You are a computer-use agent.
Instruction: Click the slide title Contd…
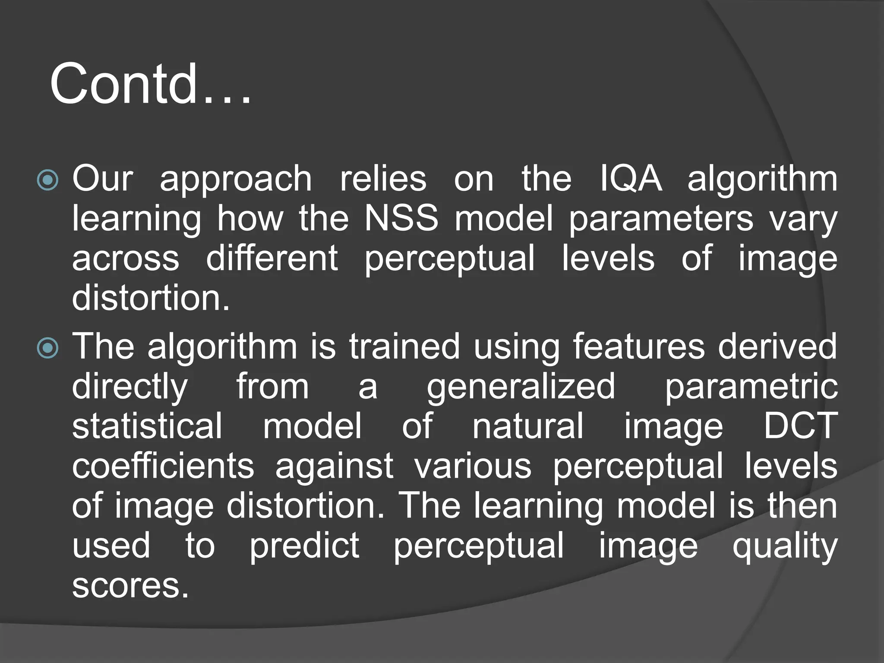pyautogui.click(x=150, y=84)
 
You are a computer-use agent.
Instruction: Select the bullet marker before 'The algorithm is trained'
pyautogui.click(x=47, y=348)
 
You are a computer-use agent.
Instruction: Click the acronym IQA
pyautogui.click(x=631, y=179)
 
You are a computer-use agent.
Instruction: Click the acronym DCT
pyautogui.click(x=801, y=426)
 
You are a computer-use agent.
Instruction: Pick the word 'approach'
pyautogui.click(x=236, y=180)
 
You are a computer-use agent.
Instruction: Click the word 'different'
pyautogui.click(x=272, y=258)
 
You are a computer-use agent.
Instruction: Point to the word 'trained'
pyautogui.click(x=404, y=346)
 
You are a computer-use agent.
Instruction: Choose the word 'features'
pyautogui.click(x=639, y=346)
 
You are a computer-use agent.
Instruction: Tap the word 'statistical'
pyautogui.click(x=147, y=426)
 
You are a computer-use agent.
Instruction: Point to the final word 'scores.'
pyautogui.click(x=130, y=586)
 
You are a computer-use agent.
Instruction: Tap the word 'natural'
pyautogui.click(x=528, y=426)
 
